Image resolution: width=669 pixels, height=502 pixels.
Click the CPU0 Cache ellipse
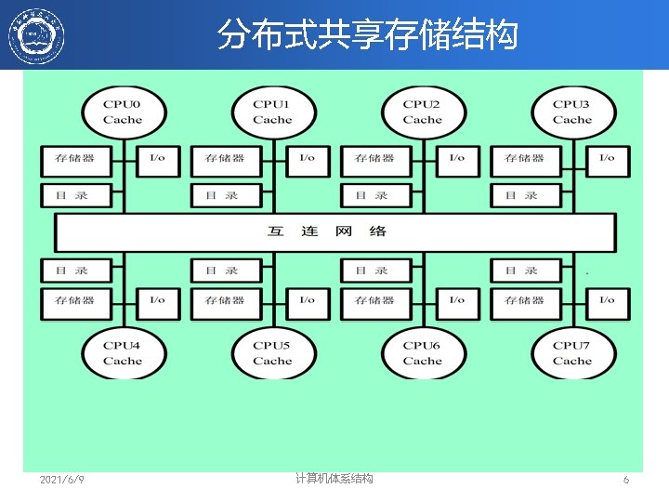click(x=123, y=112)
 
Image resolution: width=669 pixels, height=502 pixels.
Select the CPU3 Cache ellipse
click(x=571, y=112)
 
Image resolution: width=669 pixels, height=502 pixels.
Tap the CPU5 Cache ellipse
click(x=272, y=353)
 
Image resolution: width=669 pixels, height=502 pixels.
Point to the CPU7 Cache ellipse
click(x=571, y=353)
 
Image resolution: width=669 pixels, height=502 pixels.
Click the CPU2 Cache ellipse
click(x=422, y=112)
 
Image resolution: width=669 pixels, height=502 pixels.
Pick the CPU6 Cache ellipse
click(x=422, y=353)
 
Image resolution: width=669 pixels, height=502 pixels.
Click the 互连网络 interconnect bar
click(x=334, y=231)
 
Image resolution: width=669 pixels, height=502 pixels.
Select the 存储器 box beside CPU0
click(x=75, y=159)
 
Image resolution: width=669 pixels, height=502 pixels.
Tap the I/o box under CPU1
click(x=307, y=159)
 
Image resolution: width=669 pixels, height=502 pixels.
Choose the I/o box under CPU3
click(x=607, y=159)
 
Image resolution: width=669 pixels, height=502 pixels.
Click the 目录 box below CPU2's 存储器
click(x=375, y=195)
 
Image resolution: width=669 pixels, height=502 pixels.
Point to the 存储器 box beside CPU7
click(x=525, y=301)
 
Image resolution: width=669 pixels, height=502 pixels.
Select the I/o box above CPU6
click(x=456, y=301)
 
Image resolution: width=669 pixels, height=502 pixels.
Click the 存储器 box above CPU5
click(x=226, y=301)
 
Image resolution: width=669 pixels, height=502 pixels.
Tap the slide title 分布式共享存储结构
click(x=367, y=35)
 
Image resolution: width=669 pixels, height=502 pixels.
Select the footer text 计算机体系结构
click(x=334, y=479)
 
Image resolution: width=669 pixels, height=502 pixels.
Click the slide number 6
click(x=626, y=480)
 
